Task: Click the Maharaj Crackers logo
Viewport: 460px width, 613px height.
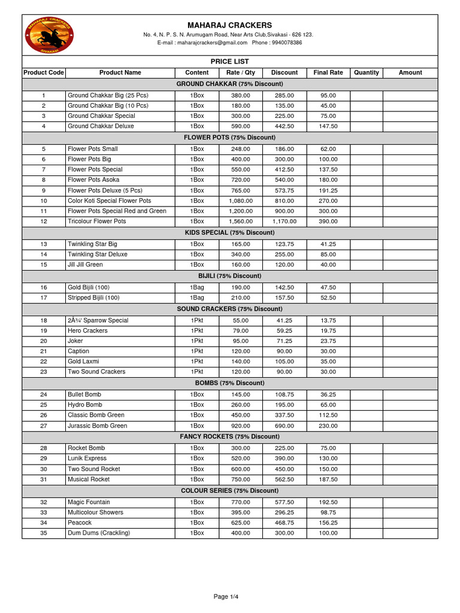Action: [50, 34]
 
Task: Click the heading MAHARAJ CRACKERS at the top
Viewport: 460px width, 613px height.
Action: [229, 25]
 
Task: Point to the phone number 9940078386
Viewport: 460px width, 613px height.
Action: [286, 43]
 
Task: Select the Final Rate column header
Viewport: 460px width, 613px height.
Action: [328, 72]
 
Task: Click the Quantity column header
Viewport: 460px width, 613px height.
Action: [367, 72]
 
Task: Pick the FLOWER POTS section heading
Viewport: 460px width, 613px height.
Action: [229, 138]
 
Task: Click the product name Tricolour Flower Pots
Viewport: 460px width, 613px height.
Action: [97, 221]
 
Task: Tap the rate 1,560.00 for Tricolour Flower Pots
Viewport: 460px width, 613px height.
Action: [241, 221]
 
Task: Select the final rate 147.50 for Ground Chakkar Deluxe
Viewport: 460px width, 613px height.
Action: [328, 126]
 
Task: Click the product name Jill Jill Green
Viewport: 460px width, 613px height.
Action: [85, 265]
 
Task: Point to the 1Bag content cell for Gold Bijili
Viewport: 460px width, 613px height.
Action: [197, 287]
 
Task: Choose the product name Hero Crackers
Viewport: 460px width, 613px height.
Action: [87, 330]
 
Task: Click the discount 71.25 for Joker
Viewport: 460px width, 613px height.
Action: [285, 341]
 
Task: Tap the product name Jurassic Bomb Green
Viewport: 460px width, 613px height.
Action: [97, 426]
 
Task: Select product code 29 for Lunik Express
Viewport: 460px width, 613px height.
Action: [44, 459]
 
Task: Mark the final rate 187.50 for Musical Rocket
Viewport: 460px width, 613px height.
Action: [328, 480]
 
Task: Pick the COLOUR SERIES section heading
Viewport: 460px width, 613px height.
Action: [229, 491]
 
